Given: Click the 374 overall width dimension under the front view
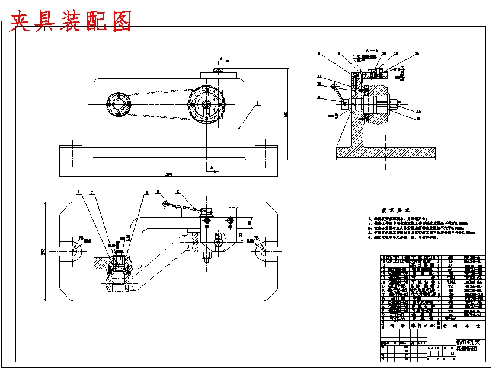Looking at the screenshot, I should click(168, 174).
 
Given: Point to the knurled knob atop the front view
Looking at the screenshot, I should click(219, 71).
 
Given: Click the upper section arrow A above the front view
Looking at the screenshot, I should click(220, 60).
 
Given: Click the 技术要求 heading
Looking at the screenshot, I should click(397, 210).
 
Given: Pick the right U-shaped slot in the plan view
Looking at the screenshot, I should click(261, 252).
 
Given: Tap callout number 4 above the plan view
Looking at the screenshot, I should click(78, 192).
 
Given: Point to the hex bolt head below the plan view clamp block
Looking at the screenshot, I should click(206, 257).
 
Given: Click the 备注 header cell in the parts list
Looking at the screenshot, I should click(474, 325).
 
